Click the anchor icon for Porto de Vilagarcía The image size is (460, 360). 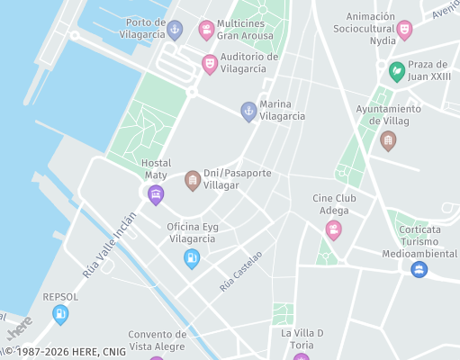[176, 31]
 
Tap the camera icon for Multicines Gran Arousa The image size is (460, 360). [206, 31]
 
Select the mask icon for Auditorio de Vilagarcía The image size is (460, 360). [209, 64]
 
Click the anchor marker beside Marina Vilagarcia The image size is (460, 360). [248, 112]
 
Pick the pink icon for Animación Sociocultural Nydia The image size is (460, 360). [404, 31]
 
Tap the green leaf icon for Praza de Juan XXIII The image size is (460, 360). [396, 71]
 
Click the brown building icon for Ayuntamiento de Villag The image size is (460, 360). [388, 140]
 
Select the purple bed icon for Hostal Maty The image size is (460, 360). [156, 194]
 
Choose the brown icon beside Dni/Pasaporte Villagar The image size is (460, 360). [193, 181]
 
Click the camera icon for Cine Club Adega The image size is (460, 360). [334, 230]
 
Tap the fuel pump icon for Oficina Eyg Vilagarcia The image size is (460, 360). [192, 258]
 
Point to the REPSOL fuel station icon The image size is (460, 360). [60, 314]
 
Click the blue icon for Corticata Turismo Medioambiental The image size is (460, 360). [419, 269]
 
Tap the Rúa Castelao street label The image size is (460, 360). [240, 271]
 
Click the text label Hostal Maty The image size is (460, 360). [156, 168]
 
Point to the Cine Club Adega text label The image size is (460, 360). [332, 204]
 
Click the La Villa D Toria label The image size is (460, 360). [302, 338]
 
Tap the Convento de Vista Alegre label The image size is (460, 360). [157, 339]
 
